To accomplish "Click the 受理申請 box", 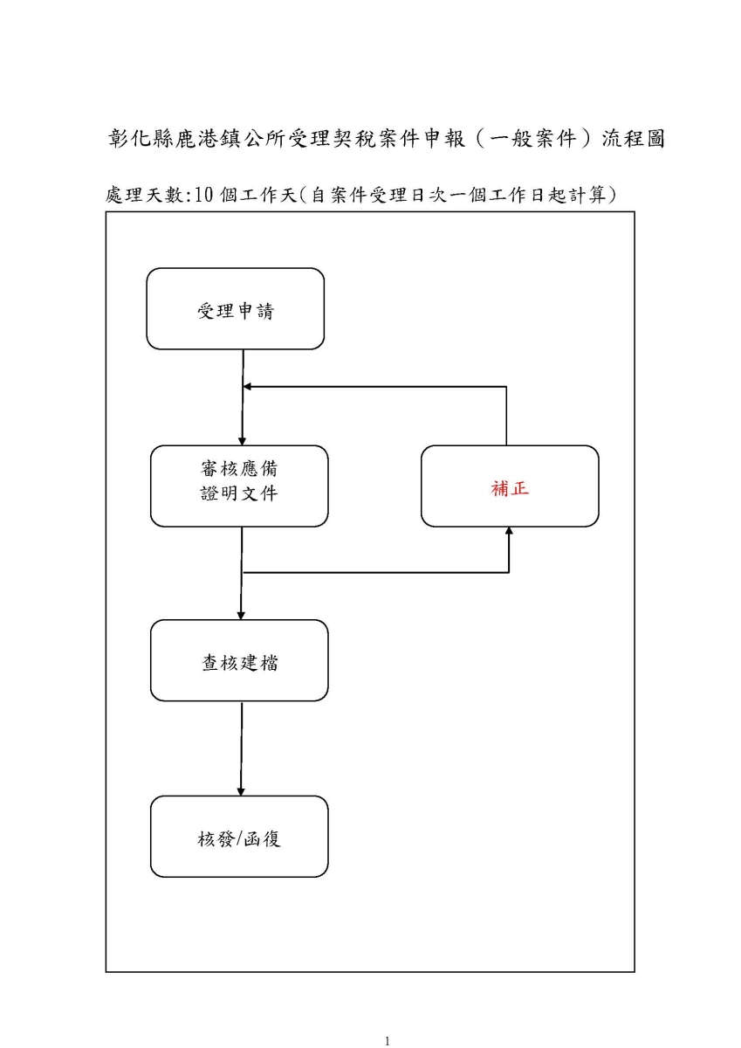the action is (235, 309).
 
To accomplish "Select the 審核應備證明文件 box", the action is (239, 486).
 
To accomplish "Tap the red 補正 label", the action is (510, 488).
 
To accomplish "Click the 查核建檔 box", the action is (239, 660).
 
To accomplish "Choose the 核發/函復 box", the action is (239, 837).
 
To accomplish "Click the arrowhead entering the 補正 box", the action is (509, 531).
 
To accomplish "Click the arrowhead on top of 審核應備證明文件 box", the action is (242, 441).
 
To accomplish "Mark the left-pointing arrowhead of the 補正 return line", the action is (247, 386).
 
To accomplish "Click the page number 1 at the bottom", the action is (387, 1040).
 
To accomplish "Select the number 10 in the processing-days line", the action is (203, 195).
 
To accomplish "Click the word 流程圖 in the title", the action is (633, 139).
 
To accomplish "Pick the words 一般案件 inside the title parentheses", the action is (532, 139).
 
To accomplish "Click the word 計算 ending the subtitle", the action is (587, 195).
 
